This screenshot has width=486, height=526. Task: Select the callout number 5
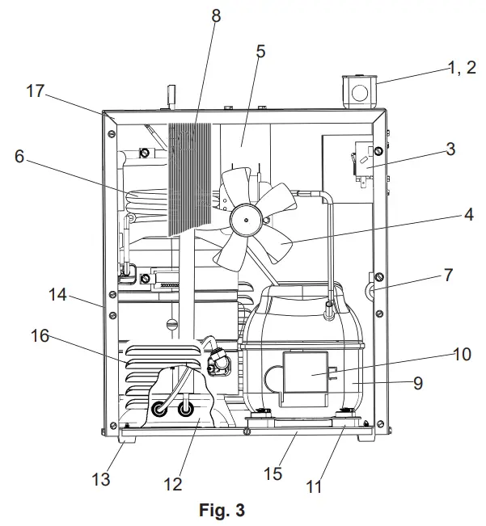click(260, 51)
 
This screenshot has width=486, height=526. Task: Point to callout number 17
click(35, 91)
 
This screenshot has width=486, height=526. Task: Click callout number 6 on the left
click(19, 157)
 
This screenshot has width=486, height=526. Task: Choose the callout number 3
click(450, 149)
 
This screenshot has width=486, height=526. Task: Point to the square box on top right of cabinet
click(357, 92)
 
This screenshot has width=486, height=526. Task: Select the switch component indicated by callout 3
click(363, 166)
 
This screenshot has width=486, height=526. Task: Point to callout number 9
click(417, 383)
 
